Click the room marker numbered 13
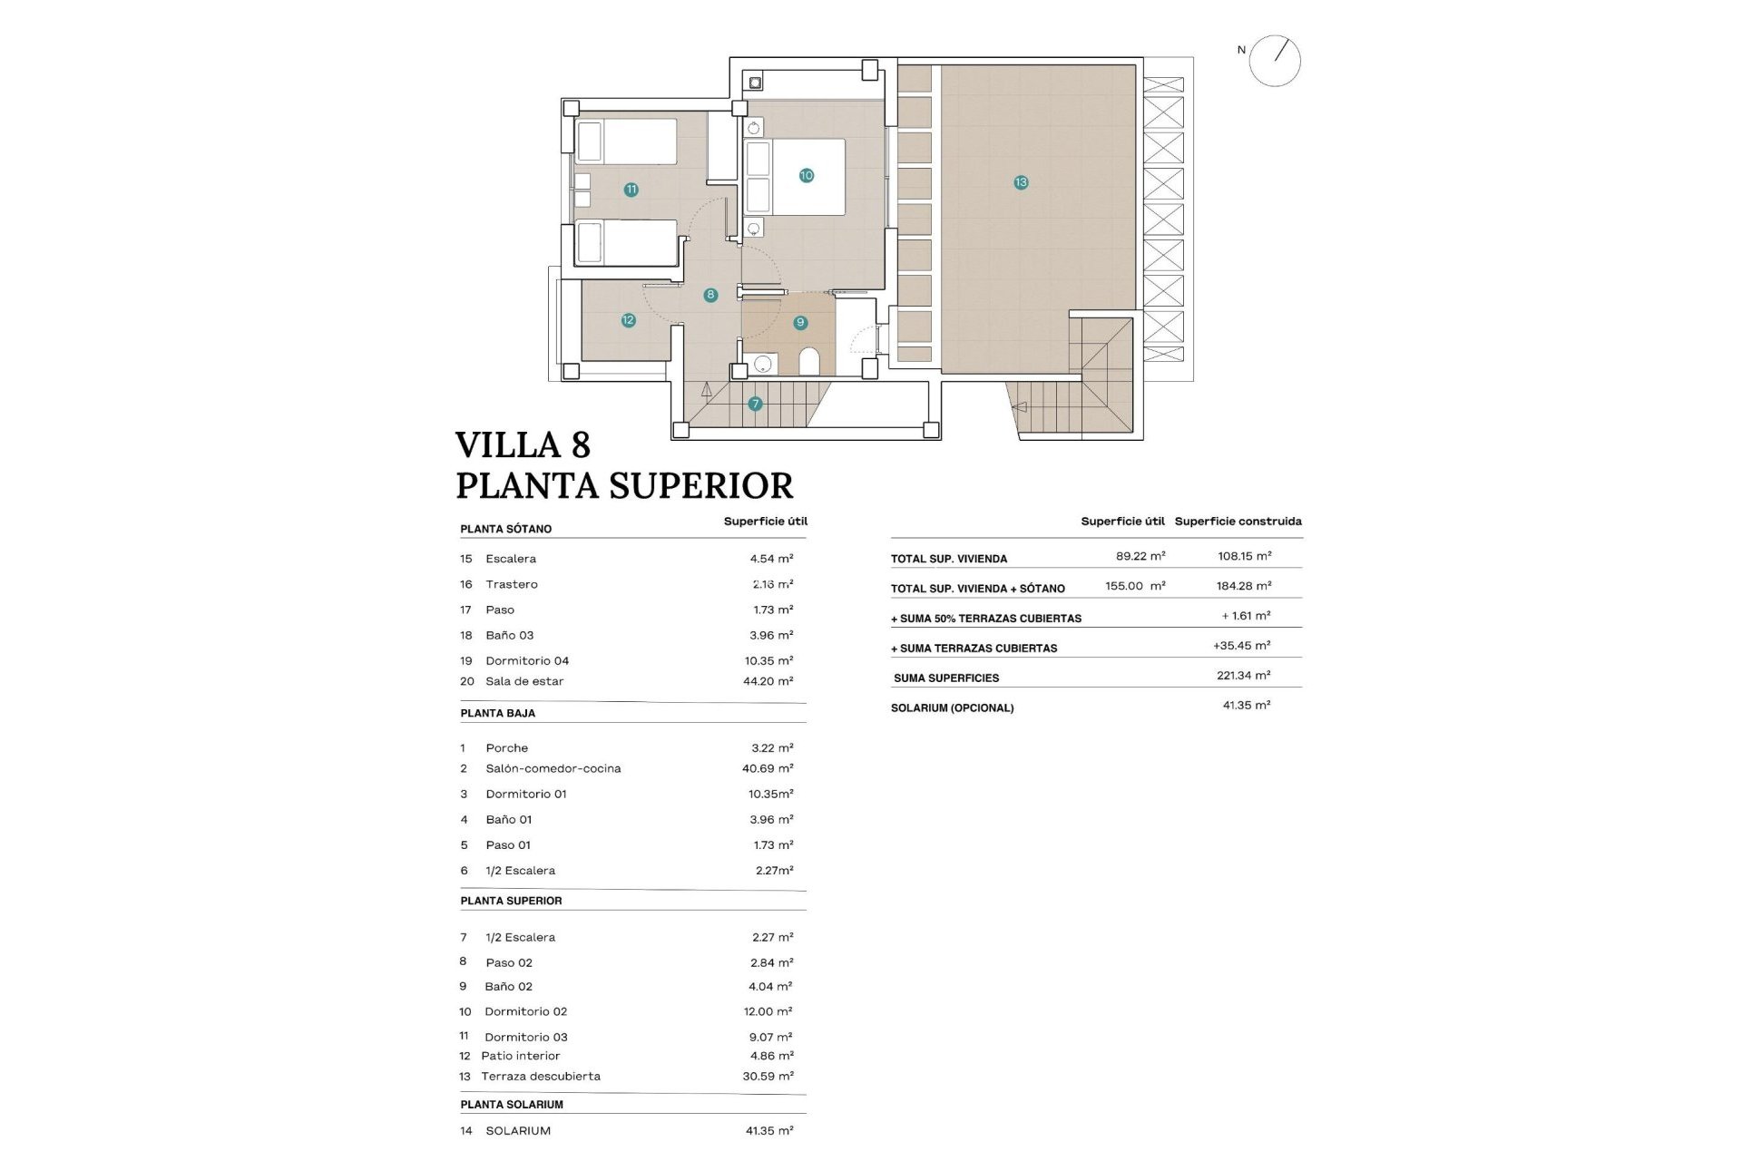tap(1021, 182)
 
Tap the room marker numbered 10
tap(806, 175)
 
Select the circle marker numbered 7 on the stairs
tap(755, 404)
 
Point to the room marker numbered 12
tap(628, 319)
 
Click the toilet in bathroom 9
tap(809, 362)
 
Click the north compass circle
tap(1275, 61)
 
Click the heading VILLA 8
tap(523, 445)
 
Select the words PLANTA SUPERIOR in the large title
tap(624, 485)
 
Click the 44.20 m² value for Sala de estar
tap(768, 681)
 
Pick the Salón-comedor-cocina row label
tap(553, 768)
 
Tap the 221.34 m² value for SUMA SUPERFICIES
tap(1243, 676)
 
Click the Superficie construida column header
tap(1238, 522)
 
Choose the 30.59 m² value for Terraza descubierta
tap(768, 1077)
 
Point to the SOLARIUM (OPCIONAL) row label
tap(952, 707)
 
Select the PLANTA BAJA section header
tap(497, 713)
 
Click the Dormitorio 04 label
tap(527, 661)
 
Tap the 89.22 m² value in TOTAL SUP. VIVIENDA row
tap(1140, 556)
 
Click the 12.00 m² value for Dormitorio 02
tap(768, 1011)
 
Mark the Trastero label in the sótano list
tap(511, 584)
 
